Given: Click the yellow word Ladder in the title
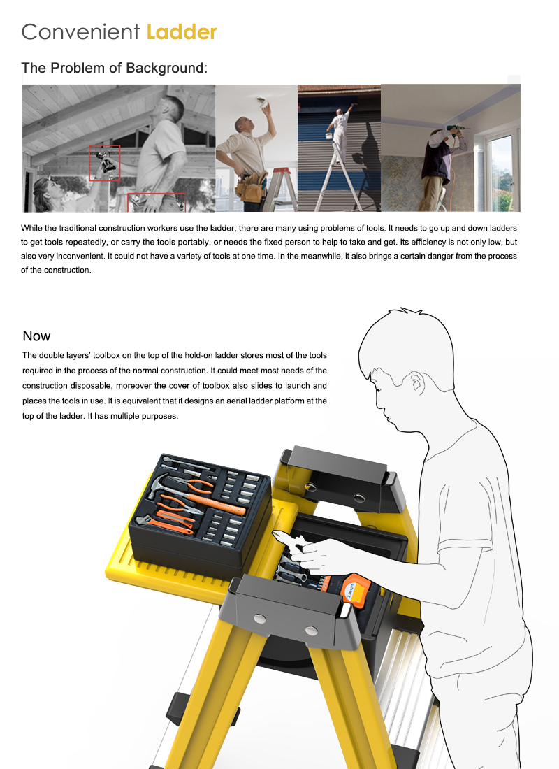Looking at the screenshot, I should pyautogui.click(x=182, y=31).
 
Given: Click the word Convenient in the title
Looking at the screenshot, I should pyautogui.click(x=80, y=31).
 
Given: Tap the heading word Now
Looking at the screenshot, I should pyautogui.click(x=36, y=336).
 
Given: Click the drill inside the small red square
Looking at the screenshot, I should pyautogui.click(x=105, y=162).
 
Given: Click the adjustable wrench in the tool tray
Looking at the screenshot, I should pyautogui.click(x=147, y=522).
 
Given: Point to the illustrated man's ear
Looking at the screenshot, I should pyautogui.click(x=416, y=384).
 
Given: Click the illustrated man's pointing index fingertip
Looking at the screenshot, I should pyautogui.click(x=277, y=536).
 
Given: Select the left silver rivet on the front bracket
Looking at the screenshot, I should pyautogui.click(x=260, y=618).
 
